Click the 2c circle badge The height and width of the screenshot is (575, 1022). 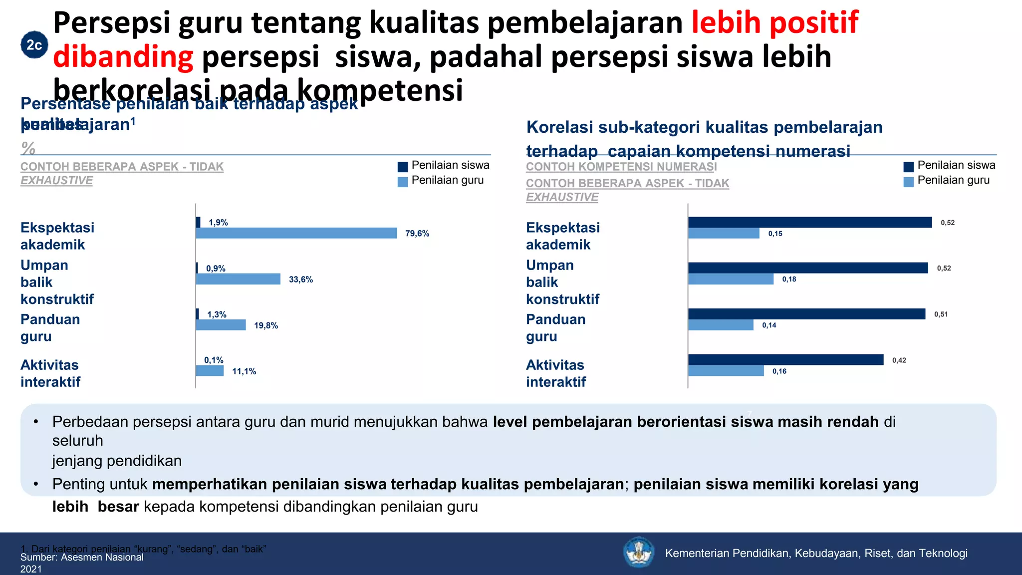(x=34, y=45)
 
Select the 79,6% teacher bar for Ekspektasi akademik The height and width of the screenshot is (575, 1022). (x=296, y=233)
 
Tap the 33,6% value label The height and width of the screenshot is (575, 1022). (x=301, y=280)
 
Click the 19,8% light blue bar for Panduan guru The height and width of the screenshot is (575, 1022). (x=221, y=325)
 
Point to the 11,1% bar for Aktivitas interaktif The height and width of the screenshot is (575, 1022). (x=210, y=371)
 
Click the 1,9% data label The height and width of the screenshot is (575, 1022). (x=218, y=223)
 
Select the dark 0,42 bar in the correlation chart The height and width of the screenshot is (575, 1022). (x=785, y=360)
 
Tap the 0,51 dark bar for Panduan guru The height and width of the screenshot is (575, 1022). (x=806, y=314)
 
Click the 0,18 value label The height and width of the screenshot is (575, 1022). (x=789, y=280)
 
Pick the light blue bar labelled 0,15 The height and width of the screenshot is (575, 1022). (x=724, y=233)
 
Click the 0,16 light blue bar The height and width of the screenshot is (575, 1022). (x=726, y=371)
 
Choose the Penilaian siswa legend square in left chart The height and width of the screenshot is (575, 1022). (x=403, y=167)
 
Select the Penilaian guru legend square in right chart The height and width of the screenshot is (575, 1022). (x=908, y=182)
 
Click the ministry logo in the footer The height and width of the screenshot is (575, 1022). (x=638, y=552)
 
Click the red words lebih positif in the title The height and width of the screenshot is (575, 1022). (x=774, y=22)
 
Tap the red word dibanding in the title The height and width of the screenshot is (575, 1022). (x=123, y=56)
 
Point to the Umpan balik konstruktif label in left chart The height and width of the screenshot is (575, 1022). (x=57, y=282)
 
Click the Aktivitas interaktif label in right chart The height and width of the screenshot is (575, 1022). (x=555, y=373)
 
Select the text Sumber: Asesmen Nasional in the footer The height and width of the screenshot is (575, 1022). (x=82, y=558)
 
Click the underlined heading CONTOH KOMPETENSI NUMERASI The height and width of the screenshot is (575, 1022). (x=621, y=167)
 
